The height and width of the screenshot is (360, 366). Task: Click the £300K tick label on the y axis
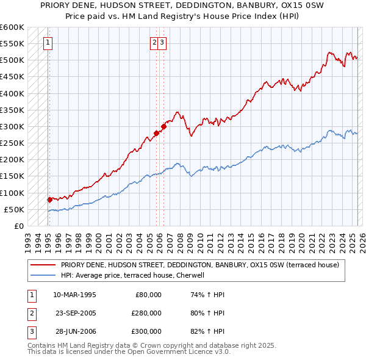click(12, 126)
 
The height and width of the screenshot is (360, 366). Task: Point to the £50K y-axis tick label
click(14, 209)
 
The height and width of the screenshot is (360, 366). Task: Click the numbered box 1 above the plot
click(48, 42)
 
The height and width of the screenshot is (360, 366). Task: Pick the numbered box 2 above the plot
click(155, 42)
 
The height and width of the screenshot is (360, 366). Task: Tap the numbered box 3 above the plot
click(163, 42)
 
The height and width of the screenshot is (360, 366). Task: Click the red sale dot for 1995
click(49, 199)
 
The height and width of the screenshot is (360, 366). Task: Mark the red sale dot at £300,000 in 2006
click(164, 127)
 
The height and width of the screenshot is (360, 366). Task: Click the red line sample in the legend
click(43, 265)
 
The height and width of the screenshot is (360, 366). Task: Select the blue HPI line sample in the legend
click(43, 275)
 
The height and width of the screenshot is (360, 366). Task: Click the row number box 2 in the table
click(32, 313)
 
